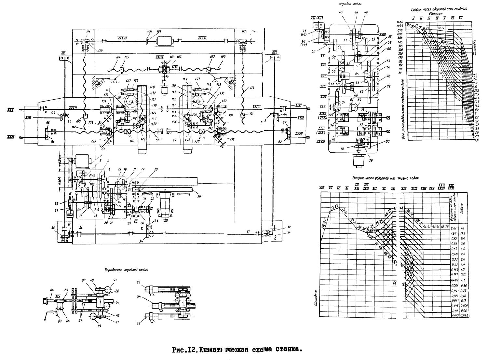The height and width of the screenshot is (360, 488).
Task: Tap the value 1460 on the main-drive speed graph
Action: click(399, 21)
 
